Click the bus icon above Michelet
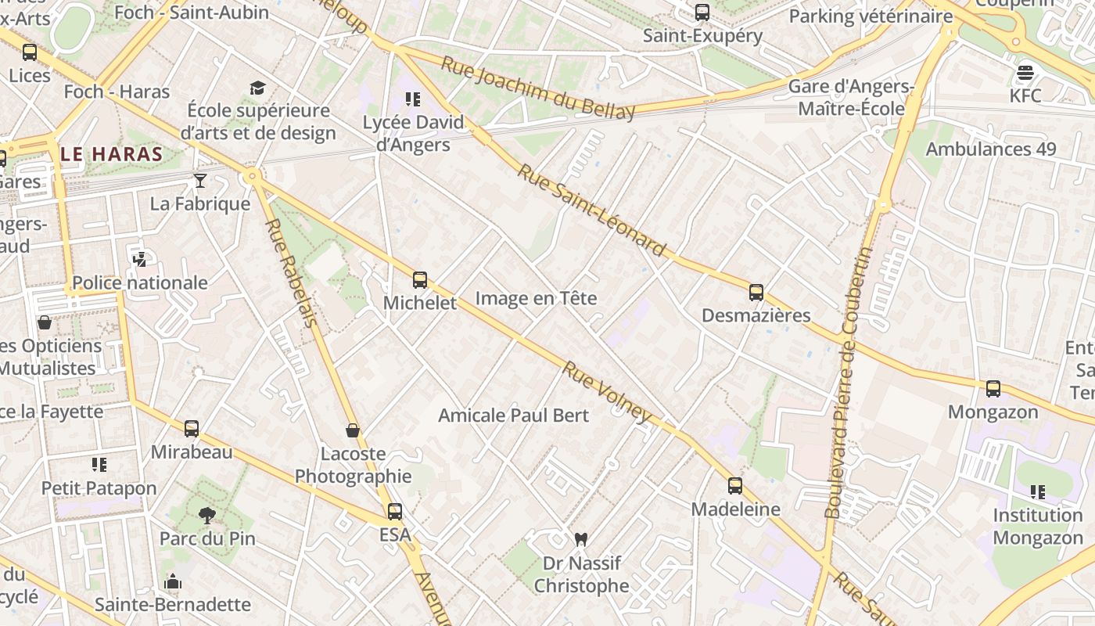pos(420,280)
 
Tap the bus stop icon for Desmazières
pos(756,293)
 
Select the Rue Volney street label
pos(607,392)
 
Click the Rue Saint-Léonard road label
pos(592,210)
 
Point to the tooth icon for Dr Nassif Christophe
pos(580,539)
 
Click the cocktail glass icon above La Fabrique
pos(200,181)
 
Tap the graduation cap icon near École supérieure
pos(258,88)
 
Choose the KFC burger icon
pos(1025,73)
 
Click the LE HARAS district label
pos(112,154)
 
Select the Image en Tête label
pos(536,298)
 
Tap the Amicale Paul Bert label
pos(513,416)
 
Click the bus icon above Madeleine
pos(734,486)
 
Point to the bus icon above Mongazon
pos(993,388)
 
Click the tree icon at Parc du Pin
pos(207,515)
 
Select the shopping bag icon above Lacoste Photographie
pos(353,430)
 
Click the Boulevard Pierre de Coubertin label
pos(848,383)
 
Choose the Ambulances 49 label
pos(990,149)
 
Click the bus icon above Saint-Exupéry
pos(702,13)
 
